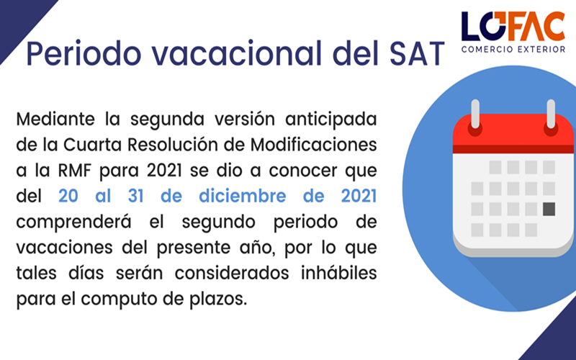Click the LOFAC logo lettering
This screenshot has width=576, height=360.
pos(513,26)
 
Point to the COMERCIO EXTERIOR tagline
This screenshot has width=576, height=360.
pos(513,49)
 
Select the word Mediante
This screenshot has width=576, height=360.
pos(55,119)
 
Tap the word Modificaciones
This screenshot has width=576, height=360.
pos(313,145)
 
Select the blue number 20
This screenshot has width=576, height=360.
pos(68,196)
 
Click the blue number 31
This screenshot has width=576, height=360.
pos(135,196)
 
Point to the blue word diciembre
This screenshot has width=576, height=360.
pos(242,195)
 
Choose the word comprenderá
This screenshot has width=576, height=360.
pos(74,222)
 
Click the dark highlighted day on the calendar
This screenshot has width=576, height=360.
pos(549,209)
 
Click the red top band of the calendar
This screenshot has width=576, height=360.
pos(513,133)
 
